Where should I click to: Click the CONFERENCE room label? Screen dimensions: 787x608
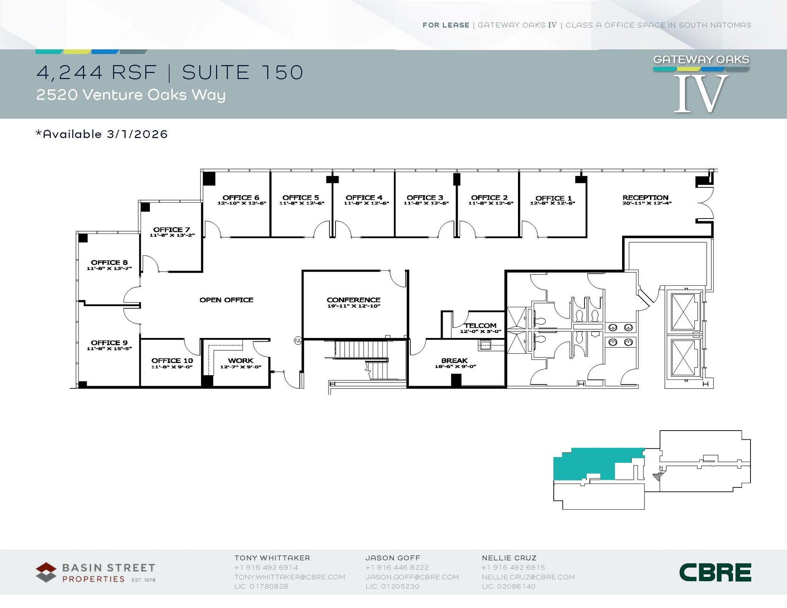[354, 300]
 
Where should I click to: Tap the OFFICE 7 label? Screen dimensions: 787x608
[171, 230]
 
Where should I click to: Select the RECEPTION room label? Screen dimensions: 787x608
[646, 197]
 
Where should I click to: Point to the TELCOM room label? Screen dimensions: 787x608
[480, 326]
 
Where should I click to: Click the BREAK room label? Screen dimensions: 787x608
[454, 361]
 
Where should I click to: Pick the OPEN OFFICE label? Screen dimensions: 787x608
[226, 300]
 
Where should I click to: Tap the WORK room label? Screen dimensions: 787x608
[241, 361]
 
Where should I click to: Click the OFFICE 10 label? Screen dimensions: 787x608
[172, 361]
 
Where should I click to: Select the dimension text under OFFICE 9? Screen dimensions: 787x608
[109, 349]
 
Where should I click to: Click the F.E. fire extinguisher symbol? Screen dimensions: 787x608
[298, 340]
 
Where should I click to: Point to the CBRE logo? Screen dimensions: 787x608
[715, 573]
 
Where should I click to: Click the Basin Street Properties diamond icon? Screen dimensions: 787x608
[46, 572]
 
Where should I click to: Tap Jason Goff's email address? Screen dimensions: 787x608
[412, 577]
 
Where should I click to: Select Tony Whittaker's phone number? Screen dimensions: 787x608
[266, 567]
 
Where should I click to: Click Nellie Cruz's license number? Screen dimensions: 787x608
[509, 586]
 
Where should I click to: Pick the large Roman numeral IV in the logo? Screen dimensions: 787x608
[701, 93]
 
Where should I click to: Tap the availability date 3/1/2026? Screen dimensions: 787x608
[137, 134]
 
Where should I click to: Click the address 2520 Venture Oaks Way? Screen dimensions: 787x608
[131, 95]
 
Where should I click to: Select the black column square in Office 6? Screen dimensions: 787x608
[209, 178]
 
